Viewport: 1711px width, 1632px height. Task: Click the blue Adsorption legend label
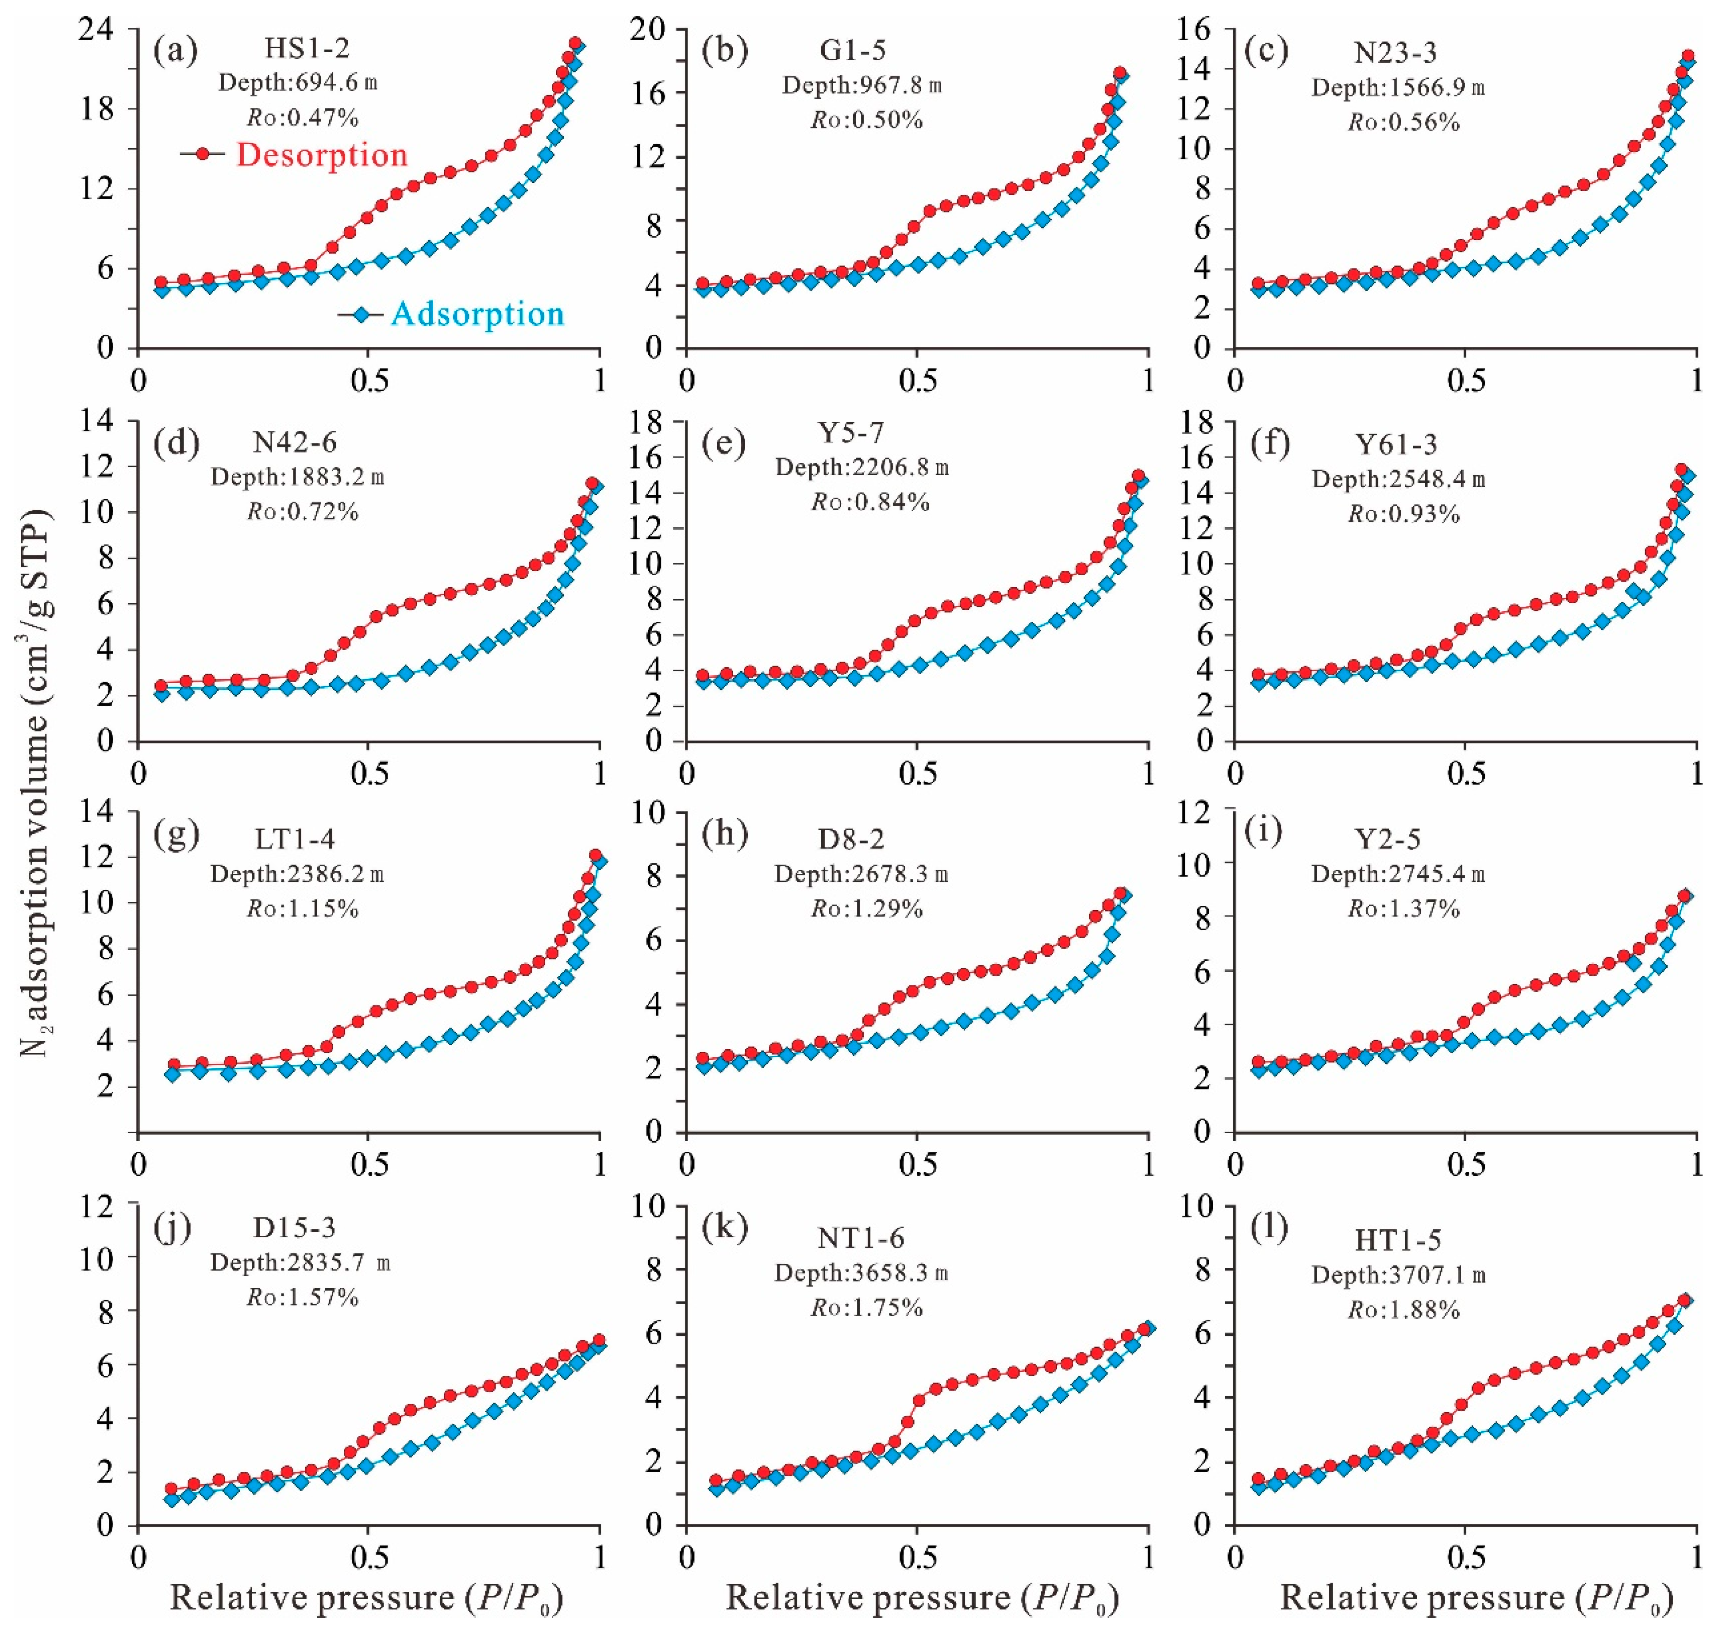(x=477, y=313)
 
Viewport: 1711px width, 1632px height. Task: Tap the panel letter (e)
(x=725, y=444)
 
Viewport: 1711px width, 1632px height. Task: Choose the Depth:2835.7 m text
(x=300, y=1262)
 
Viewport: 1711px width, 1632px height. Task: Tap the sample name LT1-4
(x=295, y=839)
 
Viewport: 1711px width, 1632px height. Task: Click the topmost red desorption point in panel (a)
(x=575, y=43)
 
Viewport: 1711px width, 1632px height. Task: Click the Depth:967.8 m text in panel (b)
(x=861, y=85)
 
